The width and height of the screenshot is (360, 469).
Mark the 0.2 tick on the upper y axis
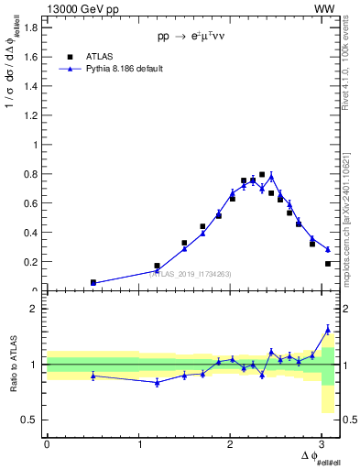pyautogui.click(x=34, y=262)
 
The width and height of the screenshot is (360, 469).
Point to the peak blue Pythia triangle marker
pyautogui.click(x=271, y=176)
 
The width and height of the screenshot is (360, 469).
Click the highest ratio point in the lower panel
pyautogui.click(x=328, y=329)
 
